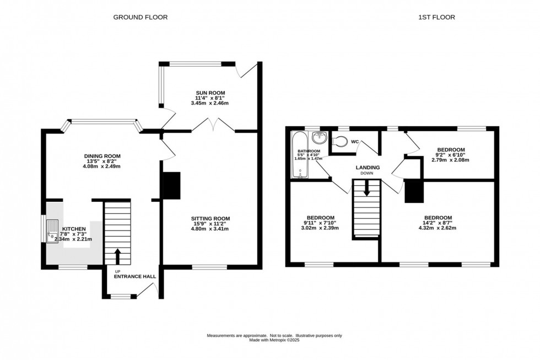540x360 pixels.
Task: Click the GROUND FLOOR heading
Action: pos(141,17)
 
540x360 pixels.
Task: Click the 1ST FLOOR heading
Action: pos(436,17)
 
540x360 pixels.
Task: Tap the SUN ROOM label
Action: pos(210,93)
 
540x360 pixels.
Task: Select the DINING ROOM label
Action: pos(101,156)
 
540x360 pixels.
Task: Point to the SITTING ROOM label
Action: pos(210,218)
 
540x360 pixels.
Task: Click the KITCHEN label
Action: pos(74,229)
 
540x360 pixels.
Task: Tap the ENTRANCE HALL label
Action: pos(135,277)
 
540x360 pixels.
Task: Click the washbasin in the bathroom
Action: pos(318,138)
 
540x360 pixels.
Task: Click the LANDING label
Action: pos(366,168)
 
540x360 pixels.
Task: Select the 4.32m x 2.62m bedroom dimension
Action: pos(438,228)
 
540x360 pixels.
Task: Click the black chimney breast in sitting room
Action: pos(171,186)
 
